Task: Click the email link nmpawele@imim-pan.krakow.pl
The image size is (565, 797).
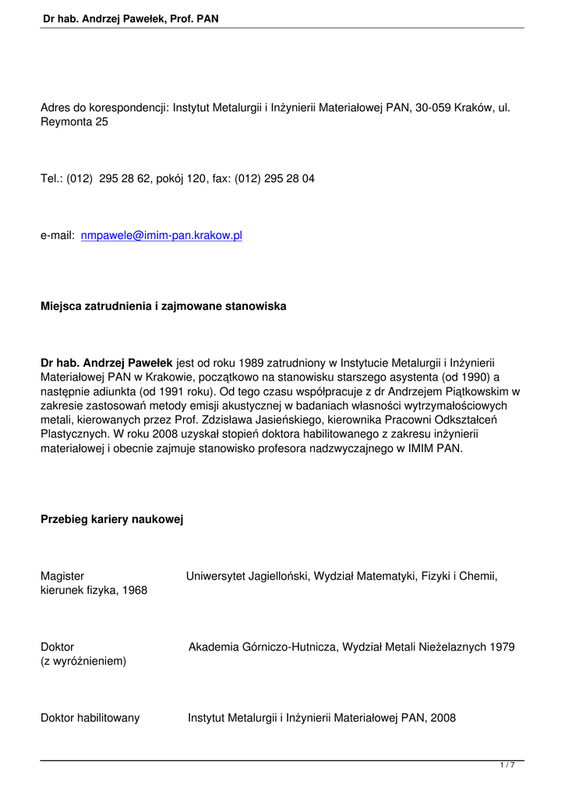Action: click(161, 235)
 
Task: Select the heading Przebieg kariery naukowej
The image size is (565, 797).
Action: click(111, 519)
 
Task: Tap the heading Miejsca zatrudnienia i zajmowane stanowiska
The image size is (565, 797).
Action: click(163, 306)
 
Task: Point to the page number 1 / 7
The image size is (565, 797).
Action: click(507, 766)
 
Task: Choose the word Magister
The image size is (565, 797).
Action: click(62, 576)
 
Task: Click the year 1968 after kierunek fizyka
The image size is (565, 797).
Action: click(133, 591)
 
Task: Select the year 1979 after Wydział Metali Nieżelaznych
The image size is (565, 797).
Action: click(500, 647)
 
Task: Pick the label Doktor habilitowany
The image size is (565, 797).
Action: click(90, 718)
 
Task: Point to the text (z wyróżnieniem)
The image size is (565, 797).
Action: click(83, 662)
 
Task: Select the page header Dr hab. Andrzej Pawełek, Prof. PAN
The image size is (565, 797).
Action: click(131, 16)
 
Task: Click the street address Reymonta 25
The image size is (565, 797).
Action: click(74, 122)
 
